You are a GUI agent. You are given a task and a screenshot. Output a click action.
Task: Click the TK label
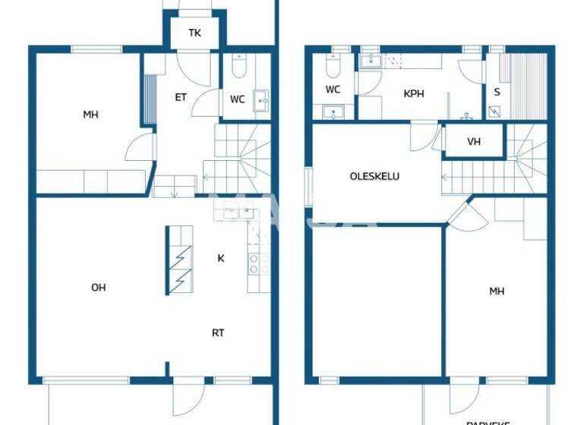click(x=195, y=33)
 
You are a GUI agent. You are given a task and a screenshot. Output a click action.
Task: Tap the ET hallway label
click(x=181, y=96)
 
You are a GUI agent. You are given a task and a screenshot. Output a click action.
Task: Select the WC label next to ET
click(x=238, y=99)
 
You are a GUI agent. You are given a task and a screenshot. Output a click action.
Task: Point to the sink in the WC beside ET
click(x=262, y=98)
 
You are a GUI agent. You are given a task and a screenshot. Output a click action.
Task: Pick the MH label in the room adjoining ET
click(x=91, y=115)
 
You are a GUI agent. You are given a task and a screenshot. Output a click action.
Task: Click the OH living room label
click(x=98, y=287)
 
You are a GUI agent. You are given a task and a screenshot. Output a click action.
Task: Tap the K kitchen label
click(x=221, y=258)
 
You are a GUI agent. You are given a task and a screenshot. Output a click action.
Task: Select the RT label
click(x=218, y=332)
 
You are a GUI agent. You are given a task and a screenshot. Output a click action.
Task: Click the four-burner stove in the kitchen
click(x=259, y=263)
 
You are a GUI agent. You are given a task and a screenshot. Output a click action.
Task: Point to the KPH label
click(x=414, y=95)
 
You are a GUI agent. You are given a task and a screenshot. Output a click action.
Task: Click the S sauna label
click(x=497, y=91)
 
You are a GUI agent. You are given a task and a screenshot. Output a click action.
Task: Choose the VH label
click(x=474, y=141)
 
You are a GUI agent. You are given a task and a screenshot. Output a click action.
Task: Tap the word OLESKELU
click(x=374, y=176)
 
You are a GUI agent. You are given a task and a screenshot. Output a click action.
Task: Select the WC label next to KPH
click(x=332, y=90)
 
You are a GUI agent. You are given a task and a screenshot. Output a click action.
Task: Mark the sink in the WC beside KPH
click(x=333, y=113)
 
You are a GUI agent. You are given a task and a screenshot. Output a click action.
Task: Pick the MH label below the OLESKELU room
click(x=496, y=291)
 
